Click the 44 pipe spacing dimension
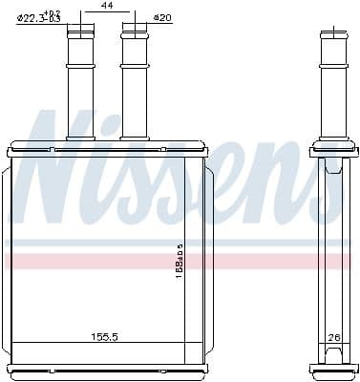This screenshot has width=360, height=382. pos(106,8)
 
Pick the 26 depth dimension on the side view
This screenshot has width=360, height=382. pos(334,337)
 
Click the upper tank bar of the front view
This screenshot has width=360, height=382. pos(106,151)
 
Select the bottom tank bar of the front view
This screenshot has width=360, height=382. pos(106,369)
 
